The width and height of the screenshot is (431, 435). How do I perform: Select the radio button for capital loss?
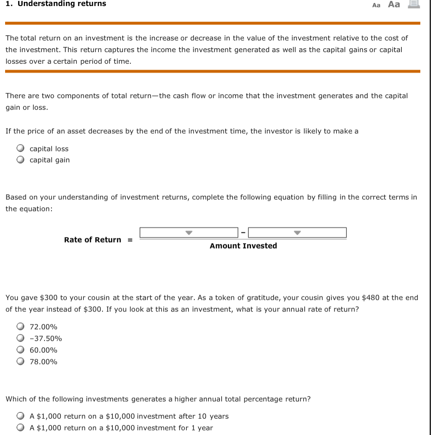click(x=20, y=149)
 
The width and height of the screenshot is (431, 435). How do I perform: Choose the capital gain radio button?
click(x=20, y=160)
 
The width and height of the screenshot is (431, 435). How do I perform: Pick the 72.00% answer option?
click(x=20, y=327)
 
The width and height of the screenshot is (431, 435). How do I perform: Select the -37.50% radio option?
click(x=20, y=339)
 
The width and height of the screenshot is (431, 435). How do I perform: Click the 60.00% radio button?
click(x=20, y=350)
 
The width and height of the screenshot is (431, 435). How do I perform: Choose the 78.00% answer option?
click(x=20, y=362)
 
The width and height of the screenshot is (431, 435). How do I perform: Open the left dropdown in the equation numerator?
click(x=189, y=232)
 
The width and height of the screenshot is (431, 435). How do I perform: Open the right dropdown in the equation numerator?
click(x=297, y=232)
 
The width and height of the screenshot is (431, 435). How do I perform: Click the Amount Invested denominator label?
click(x=243, y=246)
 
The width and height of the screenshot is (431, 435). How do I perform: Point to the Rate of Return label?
click(x=92, y=240)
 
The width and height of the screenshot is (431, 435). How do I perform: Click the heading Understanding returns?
click(x=62, y=4)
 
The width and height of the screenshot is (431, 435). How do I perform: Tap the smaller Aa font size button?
click(x=376, y=5)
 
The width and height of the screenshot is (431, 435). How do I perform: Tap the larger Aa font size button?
click(x=394, y=4)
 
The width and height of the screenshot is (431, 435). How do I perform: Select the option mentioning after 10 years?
click(x=20, y=416)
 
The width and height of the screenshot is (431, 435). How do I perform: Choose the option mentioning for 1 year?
click(x=20, y=428)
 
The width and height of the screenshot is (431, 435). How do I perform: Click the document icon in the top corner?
click(x=414, y=4)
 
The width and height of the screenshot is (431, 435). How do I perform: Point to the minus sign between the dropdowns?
click(x=243, y=232)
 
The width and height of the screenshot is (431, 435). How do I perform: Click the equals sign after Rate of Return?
click(x=130, y=240)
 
